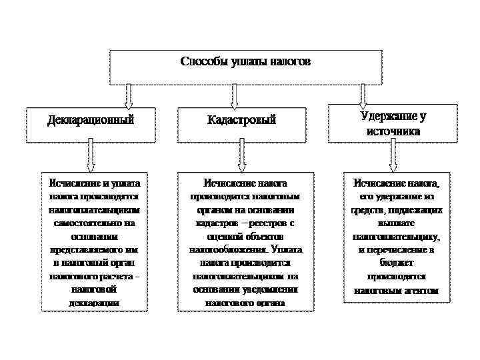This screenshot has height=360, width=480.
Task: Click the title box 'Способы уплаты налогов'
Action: point(245,67)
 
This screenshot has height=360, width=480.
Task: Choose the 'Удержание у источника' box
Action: point(393,123)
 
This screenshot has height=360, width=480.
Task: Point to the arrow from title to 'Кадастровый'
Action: point(241,95)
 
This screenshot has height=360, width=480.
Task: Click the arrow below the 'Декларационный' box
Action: point(91,157)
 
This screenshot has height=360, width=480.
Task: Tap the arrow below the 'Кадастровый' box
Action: point(241,157)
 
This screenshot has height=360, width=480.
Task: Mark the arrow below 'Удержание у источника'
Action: point(393,157)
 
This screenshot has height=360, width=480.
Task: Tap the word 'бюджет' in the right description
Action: point(393,263)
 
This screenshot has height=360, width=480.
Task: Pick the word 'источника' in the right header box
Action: point(393,131)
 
